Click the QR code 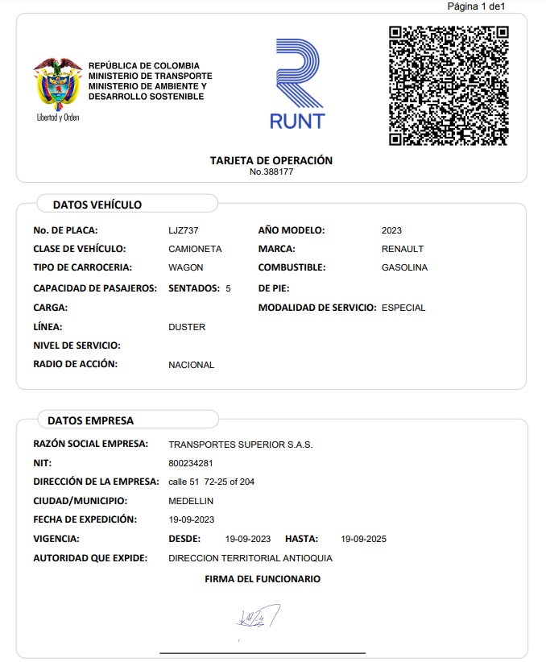point(449,85)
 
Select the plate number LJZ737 point(184,230)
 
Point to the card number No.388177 point(271,172)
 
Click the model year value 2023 point(391,230)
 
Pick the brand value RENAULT point(403,249)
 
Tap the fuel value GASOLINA point(404,267)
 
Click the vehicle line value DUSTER point(187,327)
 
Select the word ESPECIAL point(403,308)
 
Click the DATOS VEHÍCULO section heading point(97,205)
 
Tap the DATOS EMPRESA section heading point(91,420)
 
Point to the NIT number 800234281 point(191,463)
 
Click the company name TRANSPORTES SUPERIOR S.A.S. point(240,445)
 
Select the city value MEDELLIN point(191,501)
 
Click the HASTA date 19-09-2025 point(364,539)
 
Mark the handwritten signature point(258,616)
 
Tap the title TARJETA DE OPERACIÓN point(271,160)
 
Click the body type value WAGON point(186,267)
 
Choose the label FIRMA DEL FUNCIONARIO point(263,579)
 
